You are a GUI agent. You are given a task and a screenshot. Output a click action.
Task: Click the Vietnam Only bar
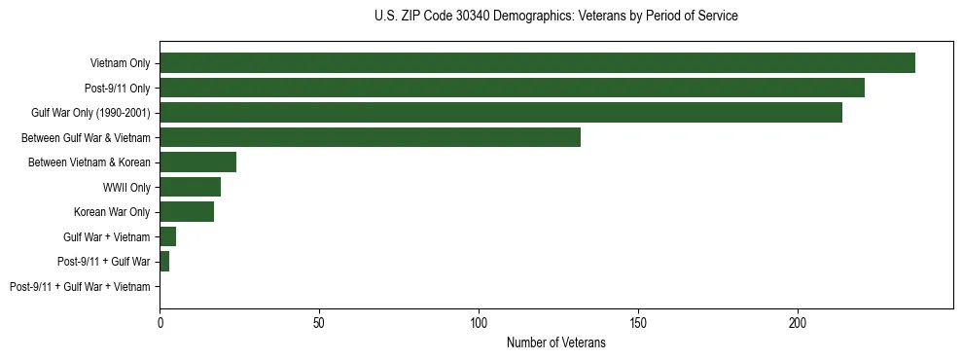[537, 63]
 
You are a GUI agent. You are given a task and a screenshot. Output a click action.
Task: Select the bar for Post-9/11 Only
[512, 88]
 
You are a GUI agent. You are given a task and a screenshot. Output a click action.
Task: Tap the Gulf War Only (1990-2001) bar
[500, 113]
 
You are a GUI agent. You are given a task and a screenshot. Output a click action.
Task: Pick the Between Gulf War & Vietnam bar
[370, 137]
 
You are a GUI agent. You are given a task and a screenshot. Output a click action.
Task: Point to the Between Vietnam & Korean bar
[197, 162]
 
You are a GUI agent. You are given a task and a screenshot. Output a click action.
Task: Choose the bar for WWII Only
[190, 187]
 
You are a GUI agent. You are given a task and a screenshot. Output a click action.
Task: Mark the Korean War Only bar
[187, 212]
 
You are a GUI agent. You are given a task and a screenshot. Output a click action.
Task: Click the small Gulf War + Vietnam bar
[167, 236]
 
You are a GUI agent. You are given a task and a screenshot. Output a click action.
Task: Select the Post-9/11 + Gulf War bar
[164, 262]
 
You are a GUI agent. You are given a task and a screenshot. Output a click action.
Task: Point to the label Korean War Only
[112, 212]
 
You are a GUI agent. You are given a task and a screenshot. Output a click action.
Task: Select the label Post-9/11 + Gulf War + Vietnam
[80, 287]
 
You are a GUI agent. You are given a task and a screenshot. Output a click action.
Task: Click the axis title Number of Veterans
[555, 343]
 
